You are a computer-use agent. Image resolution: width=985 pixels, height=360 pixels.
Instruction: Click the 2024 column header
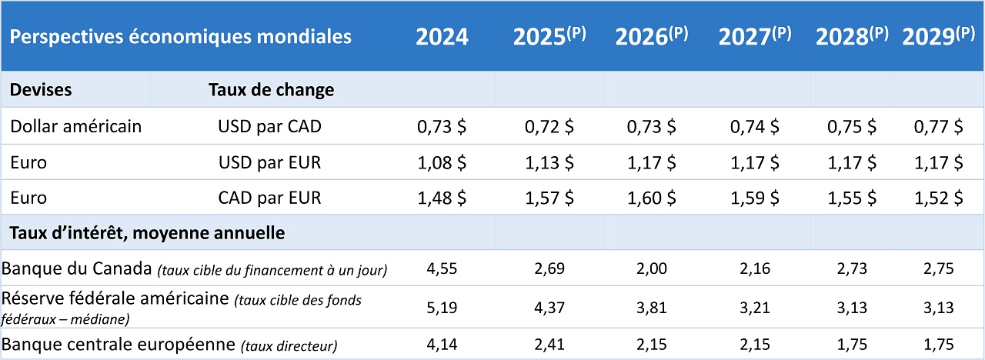442,38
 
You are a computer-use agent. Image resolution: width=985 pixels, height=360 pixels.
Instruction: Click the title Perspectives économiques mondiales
181,36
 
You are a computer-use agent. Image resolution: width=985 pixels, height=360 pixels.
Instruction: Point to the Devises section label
41,89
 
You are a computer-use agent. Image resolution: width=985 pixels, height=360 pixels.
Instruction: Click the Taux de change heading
271,89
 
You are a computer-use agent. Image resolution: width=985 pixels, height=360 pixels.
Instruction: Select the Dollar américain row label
76,126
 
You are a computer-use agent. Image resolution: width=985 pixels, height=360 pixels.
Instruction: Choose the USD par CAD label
269,126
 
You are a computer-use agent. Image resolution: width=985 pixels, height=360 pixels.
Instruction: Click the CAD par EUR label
269,198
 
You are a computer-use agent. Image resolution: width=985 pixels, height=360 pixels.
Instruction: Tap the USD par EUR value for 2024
442,162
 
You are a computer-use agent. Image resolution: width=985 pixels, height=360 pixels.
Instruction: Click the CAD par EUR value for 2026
651,198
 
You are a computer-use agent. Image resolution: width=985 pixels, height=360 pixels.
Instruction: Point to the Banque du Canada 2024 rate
442,269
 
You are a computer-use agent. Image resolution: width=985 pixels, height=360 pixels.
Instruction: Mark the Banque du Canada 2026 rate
651,269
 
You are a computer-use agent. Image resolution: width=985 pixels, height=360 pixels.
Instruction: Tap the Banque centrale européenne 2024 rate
442,345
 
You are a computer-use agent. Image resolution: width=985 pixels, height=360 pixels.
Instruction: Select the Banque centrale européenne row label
119,345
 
